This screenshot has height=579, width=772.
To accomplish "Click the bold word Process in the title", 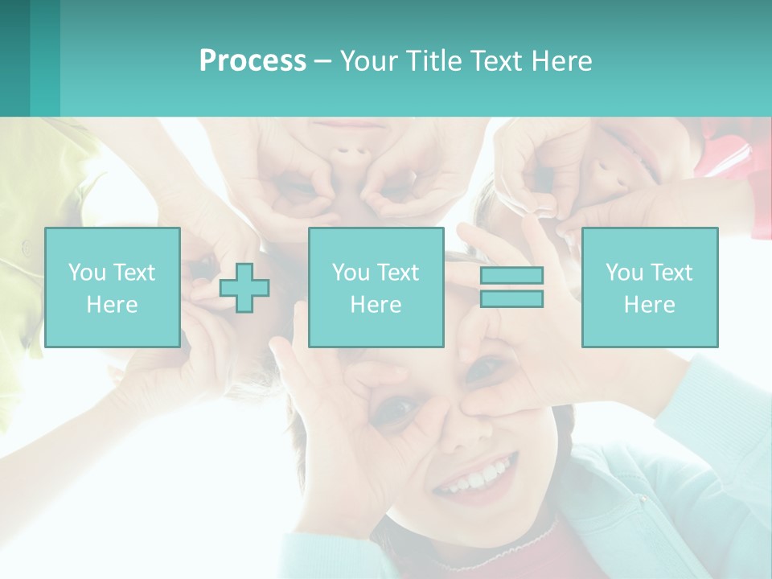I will tap(253, 61).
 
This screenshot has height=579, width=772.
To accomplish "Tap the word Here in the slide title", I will tap(561, 61).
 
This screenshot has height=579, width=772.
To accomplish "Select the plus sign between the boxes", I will tap(244, 287).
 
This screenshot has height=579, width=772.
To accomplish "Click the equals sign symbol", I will tap(511, 287).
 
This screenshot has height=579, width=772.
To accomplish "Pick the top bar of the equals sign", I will tap(511, 276).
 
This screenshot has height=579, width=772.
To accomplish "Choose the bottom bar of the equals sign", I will tap(511, 298).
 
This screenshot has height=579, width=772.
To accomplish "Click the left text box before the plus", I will tap(113, 287).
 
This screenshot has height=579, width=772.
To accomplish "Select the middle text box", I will tap(376, 287).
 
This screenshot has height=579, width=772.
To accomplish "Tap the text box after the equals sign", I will tap(649, 287).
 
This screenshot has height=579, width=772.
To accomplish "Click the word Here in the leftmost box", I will tap(113, 305).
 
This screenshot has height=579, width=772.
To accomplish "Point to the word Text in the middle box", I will tap(399, 273).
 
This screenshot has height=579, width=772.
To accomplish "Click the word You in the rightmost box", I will tap(624, 273).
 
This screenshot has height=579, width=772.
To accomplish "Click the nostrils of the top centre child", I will tap(346, 152).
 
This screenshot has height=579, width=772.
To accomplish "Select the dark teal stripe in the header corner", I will tap(14, 58).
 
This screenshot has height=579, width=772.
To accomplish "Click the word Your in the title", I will tap(369, 61).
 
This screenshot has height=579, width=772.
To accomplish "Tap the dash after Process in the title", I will tap(323, 61).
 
